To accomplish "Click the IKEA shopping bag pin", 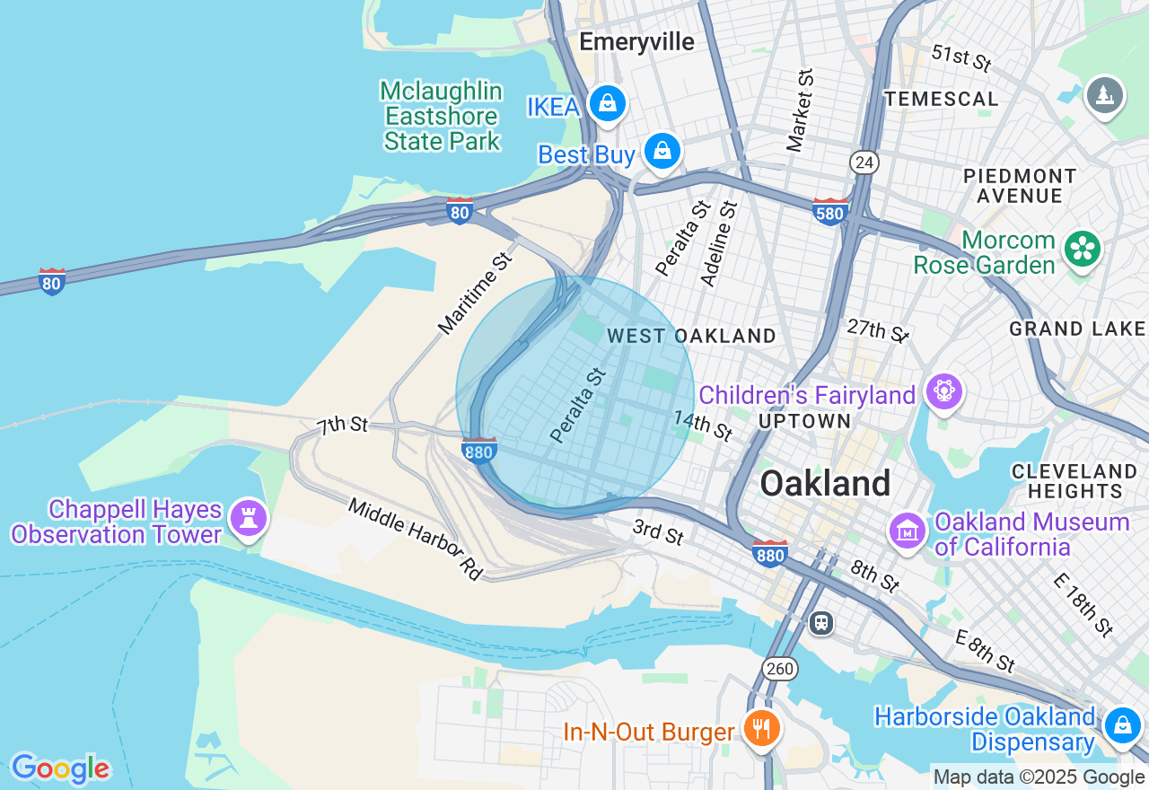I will click(608, 103).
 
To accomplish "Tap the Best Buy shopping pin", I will click(662, 150).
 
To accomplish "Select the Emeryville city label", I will click(636, 42).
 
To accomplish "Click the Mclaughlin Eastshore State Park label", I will click(441, 117).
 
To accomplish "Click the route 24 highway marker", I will click(864, 162).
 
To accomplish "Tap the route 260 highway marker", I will click(779, 668).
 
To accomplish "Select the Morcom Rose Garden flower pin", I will click(1083, 250).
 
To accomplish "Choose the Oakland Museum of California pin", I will click(908, 530).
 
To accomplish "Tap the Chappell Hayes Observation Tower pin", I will click(249, 518).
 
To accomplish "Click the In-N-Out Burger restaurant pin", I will click(761, 728).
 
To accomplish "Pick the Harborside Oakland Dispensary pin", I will click(1122, 724).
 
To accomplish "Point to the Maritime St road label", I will click(476, 294).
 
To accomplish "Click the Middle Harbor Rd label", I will click(416, 539).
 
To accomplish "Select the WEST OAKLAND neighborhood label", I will click(691, 337).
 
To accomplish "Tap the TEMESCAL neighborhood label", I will click(941, 99).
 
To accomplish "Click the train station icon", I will click(820, 623).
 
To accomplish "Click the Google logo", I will click(60, 768).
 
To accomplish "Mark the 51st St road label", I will click(960, 58).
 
